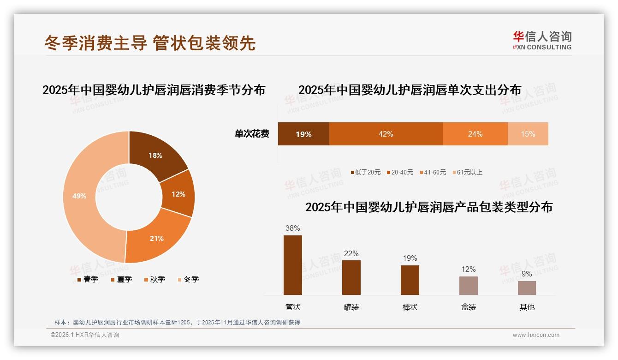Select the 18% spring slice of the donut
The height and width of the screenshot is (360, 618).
point(155,156)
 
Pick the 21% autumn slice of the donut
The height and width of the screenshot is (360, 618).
point(156,238)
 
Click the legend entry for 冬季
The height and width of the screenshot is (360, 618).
point(188,279)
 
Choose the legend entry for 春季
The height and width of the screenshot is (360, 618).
point(87,279)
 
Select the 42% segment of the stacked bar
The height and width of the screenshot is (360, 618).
point(386,134)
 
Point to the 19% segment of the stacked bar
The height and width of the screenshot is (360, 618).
point(303,134)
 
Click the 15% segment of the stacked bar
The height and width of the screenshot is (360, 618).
point(528,134)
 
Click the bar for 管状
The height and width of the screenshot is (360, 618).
point(293,265)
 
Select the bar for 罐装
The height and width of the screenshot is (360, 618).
point(351,277)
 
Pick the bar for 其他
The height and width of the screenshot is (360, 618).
point(527,288)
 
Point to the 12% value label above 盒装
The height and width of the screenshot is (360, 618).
point(469,269)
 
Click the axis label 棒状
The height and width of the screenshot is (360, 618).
point(410,307)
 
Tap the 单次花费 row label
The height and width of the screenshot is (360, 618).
point(252,134)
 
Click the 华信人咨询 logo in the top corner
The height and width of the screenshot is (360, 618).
point(542,40)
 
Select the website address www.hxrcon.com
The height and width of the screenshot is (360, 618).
point(536,335)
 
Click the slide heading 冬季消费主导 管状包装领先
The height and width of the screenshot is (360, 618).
point(150,43)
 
